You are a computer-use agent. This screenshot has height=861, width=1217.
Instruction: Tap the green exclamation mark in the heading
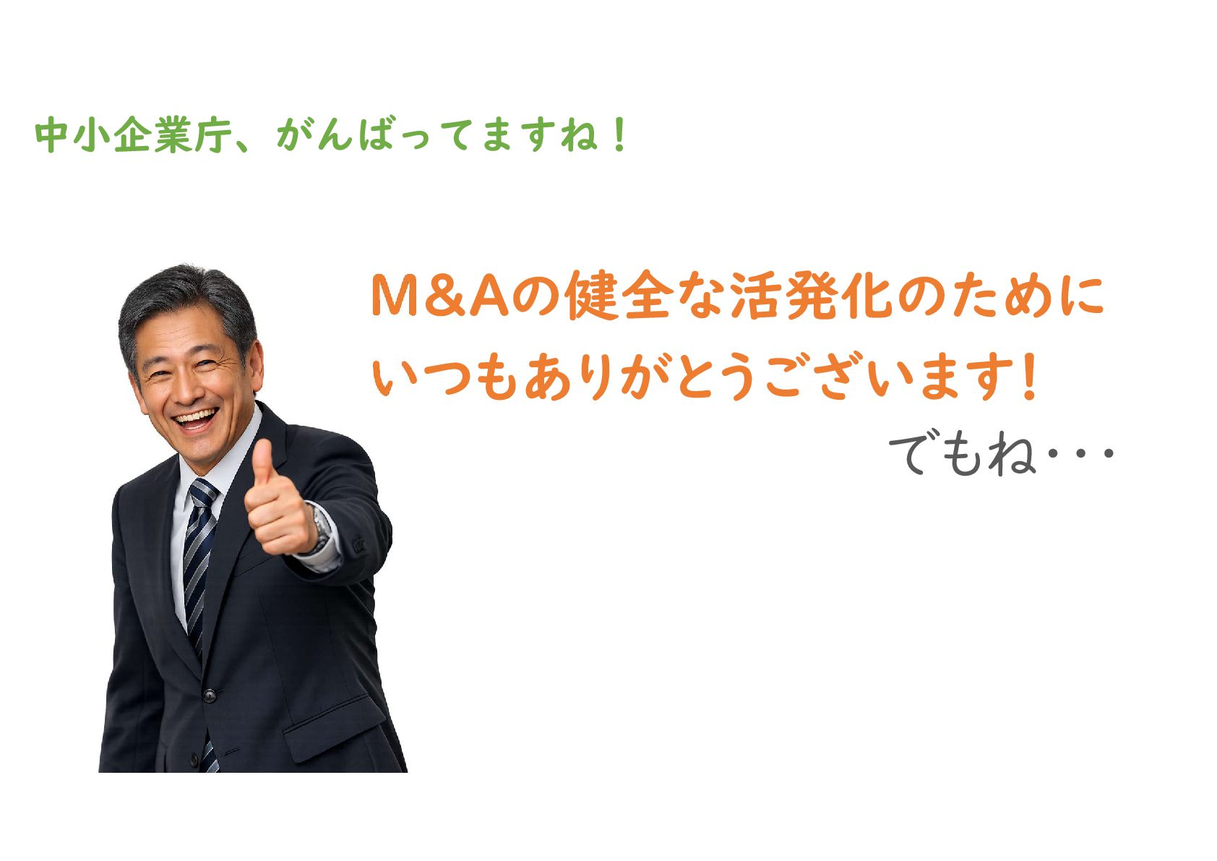(x=619, y=134)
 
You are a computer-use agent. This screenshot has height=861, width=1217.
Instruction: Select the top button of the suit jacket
(x=210, y=695)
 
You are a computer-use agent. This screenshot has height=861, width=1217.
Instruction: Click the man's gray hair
(x=187, y=304)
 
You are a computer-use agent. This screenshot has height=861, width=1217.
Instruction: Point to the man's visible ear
(x=254, y=365)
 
